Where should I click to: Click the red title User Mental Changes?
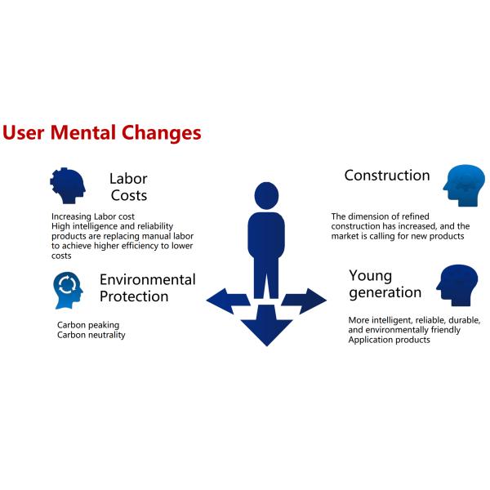(101, 133)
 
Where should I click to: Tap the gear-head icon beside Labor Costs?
(68, 185)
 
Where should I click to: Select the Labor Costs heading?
(128, 187)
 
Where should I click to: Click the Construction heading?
(387, 176)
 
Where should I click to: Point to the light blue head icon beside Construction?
(464, 185)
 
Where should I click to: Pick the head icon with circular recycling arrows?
(68, 290)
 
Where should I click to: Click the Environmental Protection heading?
(148, 287)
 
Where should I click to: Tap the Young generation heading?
(385, 284)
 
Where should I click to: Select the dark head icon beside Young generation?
(457, 285)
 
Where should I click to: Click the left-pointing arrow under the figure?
(228, 301)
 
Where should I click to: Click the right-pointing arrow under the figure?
(304, 301)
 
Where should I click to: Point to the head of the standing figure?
(266, 196)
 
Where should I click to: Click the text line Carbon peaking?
(88, 325)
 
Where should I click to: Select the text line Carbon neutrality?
(91, 335)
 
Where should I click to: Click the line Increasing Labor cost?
(93, 216)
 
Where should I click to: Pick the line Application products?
(389, 340)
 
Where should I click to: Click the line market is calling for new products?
(398, 236)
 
